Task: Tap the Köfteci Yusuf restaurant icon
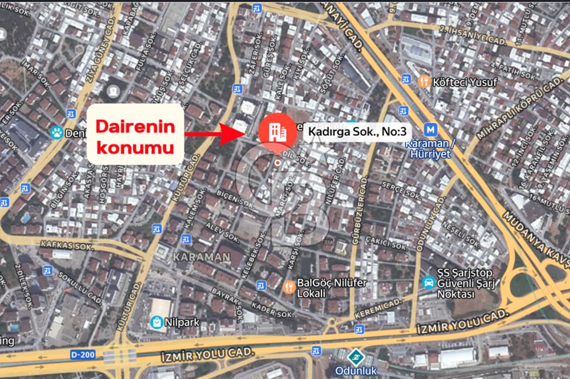423,82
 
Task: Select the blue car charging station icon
427,282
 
